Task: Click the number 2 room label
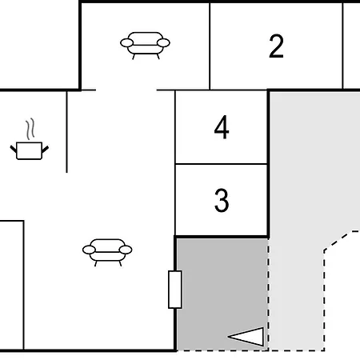[276, 46]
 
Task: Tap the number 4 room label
[222, 127]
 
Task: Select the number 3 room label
[222, 200]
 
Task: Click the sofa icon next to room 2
[145, 46]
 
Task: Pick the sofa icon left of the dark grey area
[107, 252]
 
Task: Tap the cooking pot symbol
[30, 150]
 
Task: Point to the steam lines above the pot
[30, 129]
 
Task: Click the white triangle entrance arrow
[246, 337]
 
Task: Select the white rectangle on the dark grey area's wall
[175, 290]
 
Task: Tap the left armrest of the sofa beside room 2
[126, 42]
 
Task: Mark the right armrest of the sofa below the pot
[126, 250]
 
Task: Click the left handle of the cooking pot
[14, 149]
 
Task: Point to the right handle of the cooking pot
[46, 150]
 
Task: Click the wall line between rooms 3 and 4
[222, 164]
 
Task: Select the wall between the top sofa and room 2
[210, 46]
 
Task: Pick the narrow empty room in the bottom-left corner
[12, 285]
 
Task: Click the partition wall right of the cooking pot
[66, 131]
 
